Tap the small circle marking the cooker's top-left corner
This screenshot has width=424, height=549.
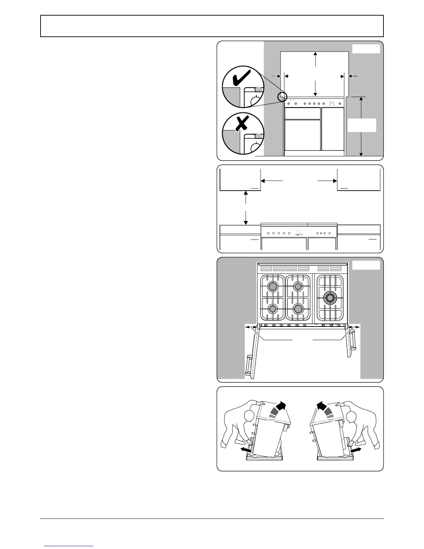pos(282,97)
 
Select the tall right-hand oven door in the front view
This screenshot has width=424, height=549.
pos(333,129)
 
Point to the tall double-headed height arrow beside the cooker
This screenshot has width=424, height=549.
pos(361,127)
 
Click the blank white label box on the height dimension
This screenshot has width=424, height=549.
pos(362,125)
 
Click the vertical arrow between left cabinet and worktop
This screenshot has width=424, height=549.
pos(246,208)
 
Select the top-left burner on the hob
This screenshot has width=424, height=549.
pos(273,286)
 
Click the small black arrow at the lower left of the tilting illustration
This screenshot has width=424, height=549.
pos(245,449)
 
